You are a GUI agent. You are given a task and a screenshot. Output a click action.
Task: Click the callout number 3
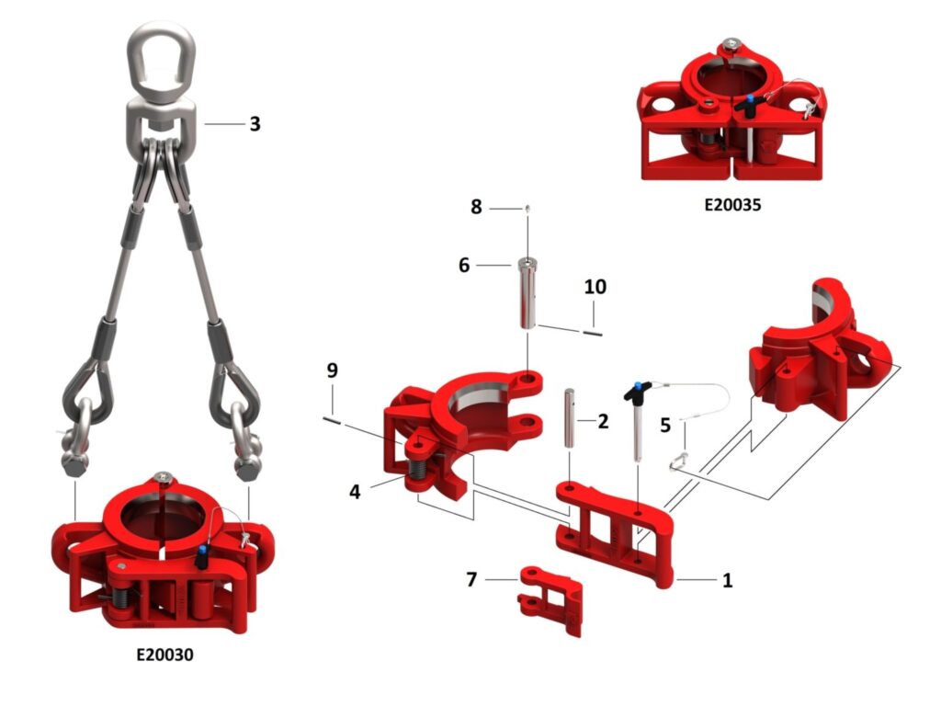[255, 124]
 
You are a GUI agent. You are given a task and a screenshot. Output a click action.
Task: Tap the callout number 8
[476, 207]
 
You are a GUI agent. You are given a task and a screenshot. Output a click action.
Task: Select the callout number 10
[595, 287]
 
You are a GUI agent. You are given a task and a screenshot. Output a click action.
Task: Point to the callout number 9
[333, 370]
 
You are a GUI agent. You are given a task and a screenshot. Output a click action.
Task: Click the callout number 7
[471, 579]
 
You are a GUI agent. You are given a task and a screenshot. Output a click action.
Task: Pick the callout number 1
[728, 581]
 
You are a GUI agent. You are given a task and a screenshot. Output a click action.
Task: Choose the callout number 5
[665, 425]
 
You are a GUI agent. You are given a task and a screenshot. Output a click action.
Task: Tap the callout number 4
[355, 493]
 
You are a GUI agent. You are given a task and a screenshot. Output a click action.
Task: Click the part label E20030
[165, 654]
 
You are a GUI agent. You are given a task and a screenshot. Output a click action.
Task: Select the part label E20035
[732, 205]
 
